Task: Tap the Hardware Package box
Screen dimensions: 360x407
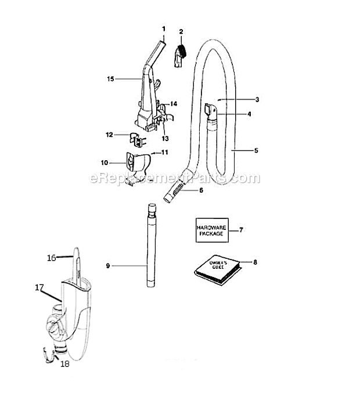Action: (212, 230)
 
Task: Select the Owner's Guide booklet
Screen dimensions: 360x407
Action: (218, 270)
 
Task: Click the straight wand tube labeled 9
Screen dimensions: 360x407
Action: (151, 245)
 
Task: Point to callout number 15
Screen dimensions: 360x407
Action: (110, 79)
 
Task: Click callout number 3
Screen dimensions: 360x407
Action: (257, 99)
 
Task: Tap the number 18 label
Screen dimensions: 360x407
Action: (65, 364)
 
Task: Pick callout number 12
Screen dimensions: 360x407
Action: (109, 135)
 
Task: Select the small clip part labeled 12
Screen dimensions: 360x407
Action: (137, 140)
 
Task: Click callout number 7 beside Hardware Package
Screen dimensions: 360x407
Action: (241, 230)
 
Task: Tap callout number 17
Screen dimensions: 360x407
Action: (39, 287)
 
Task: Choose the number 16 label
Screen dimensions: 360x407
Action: (52, 258)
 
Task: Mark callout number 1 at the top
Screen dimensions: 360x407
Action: (164, 29)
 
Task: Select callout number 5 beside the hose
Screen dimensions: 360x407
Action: (256, 150)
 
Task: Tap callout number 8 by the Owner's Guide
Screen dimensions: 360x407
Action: (255, 262)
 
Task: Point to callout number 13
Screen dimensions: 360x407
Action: (165, 139)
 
